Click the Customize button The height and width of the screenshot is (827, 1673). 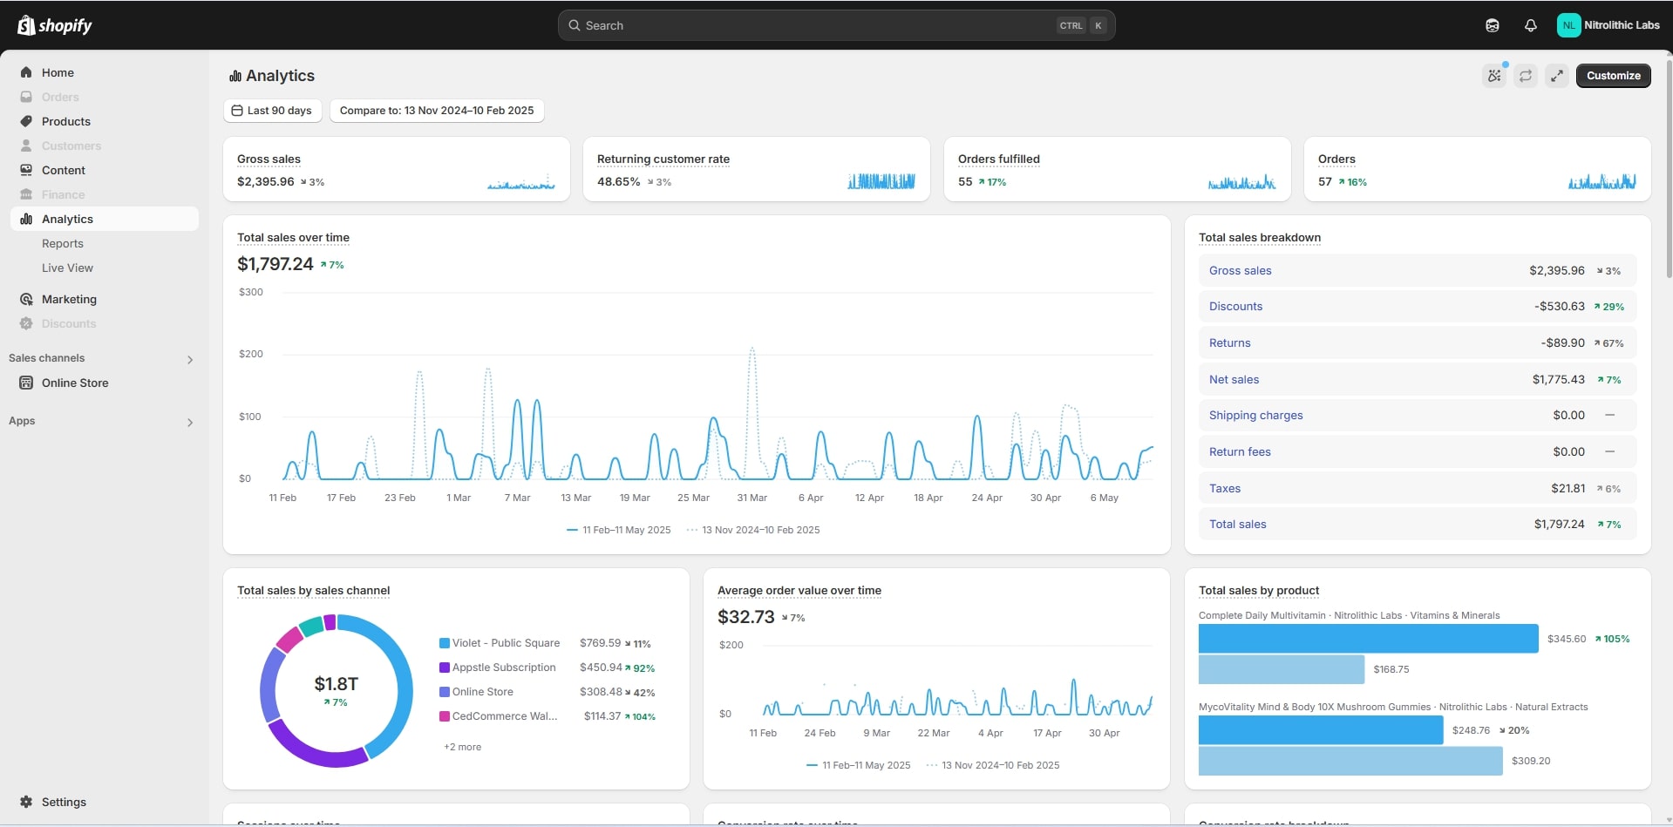(x=1613, y=76)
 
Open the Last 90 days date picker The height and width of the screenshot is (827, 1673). (x=273, y=111)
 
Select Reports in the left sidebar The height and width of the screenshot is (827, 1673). (x=63, y=244)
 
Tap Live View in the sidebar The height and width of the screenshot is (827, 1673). (x=67, y=268)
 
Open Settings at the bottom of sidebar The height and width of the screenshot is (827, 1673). (x=64, y=802)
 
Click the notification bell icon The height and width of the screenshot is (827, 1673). (x=1530, y=25)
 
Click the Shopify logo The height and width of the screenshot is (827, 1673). (x=55, y=25)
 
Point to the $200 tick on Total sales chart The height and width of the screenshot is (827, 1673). (x=251, y=354)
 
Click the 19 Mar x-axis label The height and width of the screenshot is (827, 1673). (x=635, y=498)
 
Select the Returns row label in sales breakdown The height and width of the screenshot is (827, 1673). (x=1229, y=343)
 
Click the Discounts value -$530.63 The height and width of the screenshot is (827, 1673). (x=1559, y=307)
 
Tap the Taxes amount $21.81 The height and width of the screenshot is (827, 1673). (x=1568, y=489)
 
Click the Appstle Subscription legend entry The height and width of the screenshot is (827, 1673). (x=503, y=668)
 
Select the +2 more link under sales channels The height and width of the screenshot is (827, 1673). (x=462, y=747)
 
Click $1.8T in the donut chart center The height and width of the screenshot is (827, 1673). (x=336, y=684)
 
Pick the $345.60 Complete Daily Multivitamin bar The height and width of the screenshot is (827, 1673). (x=1367, y=639)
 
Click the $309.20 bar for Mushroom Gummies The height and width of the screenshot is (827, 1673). (x=1350, y=761)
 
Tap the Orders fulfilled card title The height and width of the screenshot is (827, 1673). (x=998, y=159)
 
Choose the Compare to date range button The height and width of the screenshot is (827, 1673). (x=437, y=111)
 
